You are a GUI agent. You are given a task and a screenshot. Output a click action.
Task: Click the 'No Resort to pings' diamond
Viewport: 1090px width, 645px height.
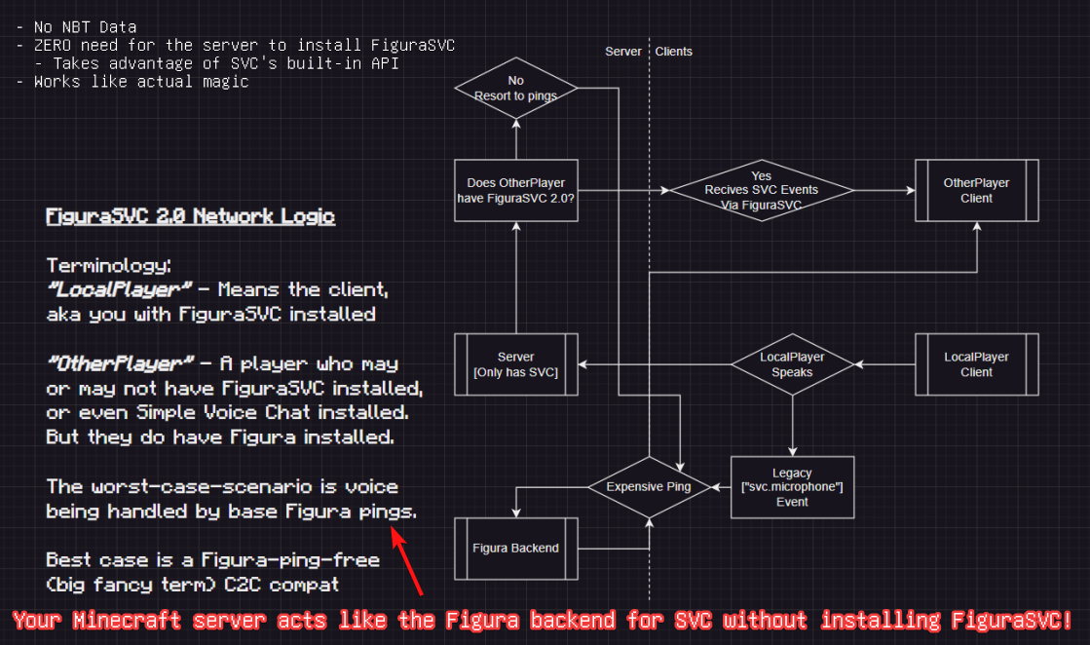pos(516,89)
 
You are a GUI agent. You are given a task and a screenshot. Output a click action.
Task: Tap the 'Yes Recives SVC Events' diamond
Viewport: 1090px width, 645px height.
pos(761,191)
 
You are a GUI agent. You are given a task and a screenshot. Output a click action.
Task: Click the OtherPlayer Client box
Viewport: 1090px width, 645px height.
pos(976,191)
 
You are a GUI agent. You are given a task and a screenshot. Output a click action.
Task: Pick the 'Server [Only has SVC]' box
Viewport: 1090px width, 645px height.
pos(516,364)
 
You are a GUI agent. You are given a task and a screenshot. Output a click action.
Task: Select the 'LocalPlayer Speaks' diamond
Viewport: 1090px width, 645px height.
pos(792,364)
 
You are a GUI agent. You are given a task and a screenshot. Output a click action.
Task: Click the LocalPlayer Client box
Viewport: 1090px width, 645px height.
pos(976,364)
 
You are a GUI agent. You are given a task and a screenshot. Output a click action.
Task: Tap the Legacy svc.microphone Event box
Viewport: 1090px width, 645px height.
pos(792,487)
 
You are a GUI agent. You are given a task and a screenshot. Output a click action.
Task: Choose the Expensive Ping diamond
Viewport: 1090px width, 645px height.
pos(649,487)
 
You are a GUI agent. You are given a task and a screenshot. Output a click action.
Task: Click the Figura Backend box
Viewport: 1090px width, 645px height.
pos(516,548)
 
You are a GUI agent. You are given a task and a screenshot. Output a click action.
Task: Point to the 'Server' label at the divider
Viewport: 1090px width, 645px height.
pos(623,51)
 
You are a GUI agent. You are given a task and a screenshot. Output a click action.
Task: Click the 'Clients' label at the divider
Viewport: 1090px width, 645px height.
pos(674,51)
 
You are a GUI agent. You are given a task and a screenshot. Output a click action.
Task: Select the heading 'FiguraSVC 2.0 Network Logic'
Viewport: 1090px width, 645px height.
pos(191,216)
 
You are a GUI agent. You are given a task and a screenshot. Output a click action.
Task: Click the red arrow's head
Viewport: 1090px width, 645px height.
pos(395,532)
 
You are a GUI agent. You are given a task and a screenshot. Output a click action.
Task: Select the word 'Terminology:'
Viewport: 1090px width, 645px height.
pos(108,265)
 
